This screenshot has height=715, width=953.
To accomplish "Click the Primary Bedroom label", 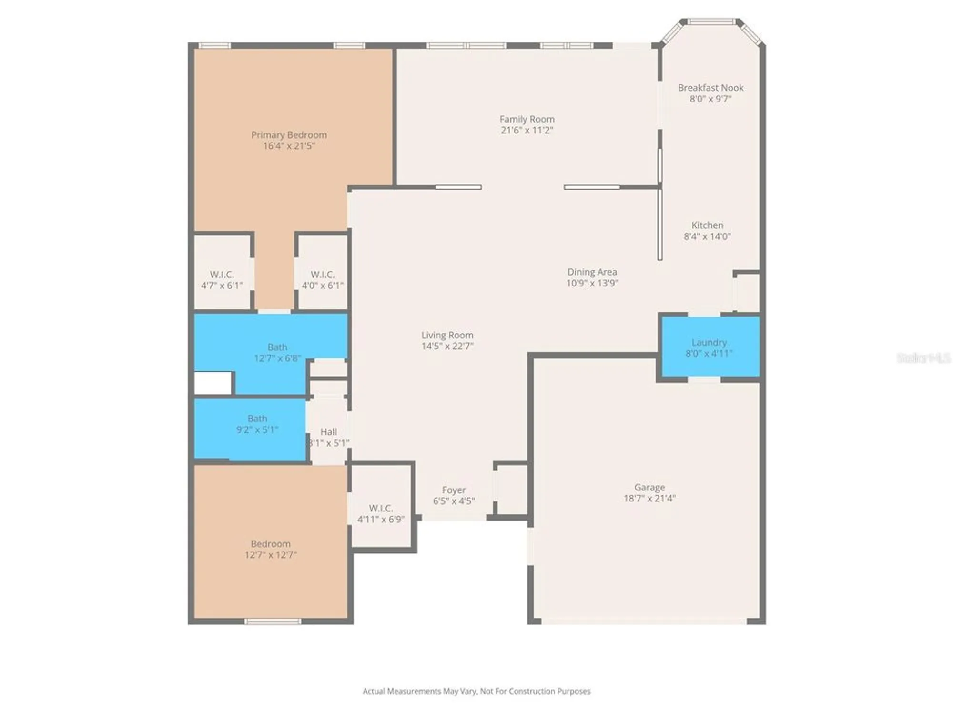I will [x=289, y=135].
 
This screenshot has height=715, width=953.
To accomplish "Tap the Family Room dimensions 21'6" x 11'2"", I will [x=527, y=130].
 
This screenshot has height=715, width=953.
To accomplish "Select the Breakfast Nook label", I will [x=710, y=88].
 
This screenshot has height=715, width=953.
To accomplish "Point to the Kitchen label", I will [x=707, y=225].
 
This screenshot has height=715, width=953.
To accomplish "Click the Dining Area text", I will [x=592, y=272].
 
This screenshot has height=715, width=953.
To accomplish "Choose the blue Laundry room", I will [x=709, y=347].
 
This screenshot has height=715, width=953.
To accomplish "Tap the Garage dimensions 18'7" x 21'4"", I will [x=649, y=498].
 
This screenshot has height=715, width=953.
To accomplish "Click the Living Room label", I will [x=447, y=335].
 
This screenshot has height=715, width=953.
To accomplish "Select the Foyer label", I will [x=453, y=490].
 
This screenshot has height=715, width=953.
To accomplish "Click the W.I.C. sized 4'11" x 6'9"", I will [x=381, y=513].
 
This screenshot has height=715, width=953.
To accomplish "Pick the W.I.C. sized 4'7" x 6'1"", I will [x=222, y=280].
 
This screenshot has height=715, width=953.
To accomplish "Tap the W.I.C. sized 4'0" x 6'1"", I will [x=322, y=280].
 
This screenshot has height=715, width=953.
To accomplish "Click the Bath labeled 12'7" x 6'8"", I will [x=277, y=352].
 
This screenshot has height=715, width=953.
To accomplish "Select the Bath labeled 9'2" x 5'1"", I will [x=257, y=424].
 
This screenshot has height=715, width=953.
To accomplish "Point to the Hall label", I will [x=328, y=432].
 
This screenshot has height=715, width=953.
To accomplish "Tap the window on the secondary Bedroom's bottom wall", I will [x=273, y=621].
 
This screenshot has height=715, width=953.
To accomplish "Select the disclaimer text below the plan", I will [x=476, y=691].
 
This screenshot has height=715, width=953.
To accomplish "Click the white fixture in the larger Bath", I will [x=213, y=383].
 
